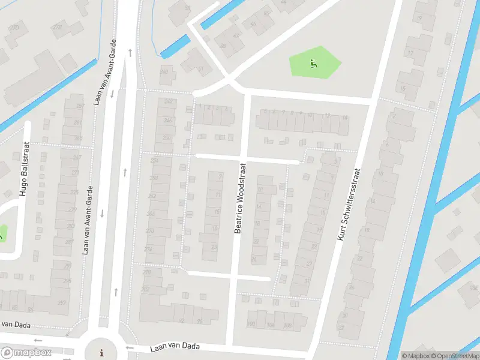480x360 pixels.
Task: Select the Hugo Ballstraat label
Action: (24, 169)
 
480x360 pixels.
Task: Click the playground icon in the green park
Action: (313, 62)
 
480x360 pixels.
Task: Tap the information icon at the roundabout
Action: (101, 352)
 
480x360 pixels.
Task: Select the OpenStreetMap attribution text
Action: (451, 356)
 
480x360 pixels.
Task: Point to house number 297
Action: (62, 302)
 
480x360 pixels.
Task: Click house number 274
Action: (148, 249)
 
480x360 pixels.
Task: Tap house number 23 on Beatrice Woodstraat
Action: (214, 247)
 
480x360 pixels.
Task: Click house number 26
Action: (254, 260)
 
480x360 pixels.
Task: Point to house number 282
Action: (145, 289)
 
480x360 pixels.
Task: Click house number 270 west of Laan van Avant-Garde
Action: (57, 28)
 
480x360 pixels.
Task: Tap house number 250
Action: (166, 138)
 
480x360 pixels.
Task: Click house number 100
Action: (251, 325)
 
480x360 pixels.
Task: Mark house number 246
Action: (167, 120)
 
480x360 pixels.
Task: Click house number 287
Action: (69, 242)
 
